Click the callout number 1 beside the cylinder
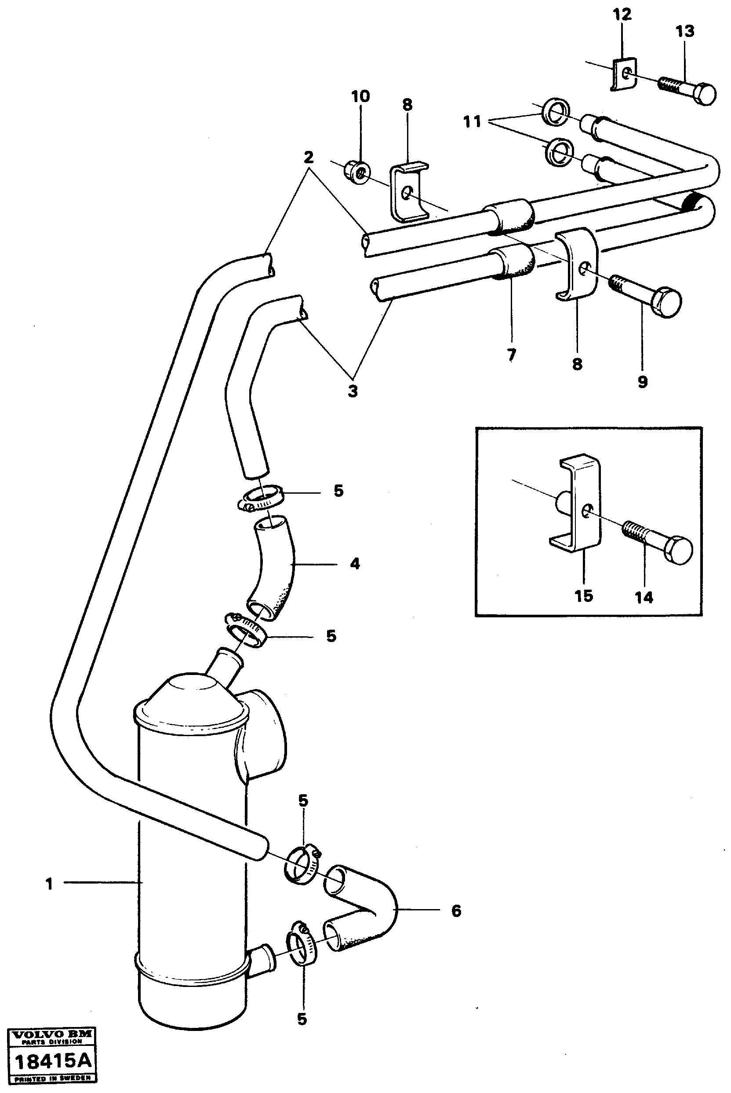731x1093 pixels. click(x=49, y=884)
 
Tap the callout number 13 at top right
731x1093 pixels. click(x=684, y=31)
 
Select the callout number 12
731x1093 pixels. click(x=622, y=15)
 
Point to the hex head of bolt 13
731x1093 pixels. click(x=704, y=94)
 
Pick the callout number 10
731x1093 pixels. click(x=360, y=97)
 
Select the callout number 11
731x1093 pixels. click(x=472, y=122)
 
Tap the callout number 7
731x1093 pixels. click(x=511, y=355)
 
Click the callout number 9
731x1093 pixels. click(x=642, y=382)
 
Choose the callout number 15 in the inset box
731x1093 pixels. click(x=584, y=596)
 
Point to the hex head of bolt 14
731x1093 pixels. click(x=679, y=551)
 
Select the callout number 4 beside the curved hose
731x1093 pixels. click(x=355, y=564)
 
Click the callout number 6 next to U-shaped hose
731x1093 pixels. click(x=456, y=910)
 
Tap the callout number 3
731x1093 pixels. click(x=353, y=391)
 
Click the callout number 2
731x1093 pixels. click(x=308, y=157)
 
